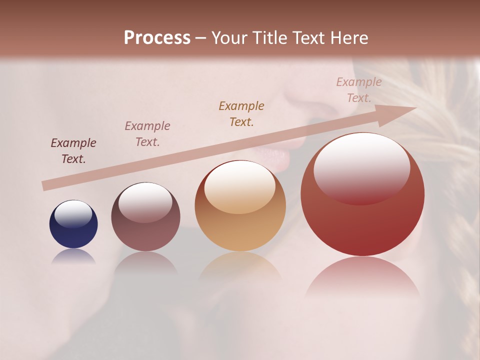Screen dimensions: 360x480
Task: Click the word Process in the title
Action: [x=157, y=38]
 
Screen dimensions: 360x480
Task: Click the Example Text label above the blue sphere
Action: [x=73, y=151]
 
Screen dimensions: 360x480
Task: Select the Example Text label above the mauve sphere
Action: [x=147, y=134]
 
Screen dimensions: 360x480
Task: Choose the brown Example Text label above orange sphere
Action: [x=241, y=114]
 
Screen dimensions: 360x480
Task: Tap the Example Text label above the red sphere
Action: [x=359, y=90]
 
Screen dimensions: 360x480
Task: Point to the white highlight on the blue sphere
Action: [x=73, y=214]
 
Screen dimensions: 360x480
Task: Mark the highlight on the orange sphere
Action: [x=239, y=187]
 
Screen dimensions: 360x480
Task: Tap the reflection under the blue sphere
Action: [x=73, y=256]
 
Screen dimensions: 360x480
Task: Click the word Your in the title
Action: [x=229, y=38]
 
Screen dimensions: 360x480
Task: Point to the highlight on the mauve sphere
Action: [x=145, y=201]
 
